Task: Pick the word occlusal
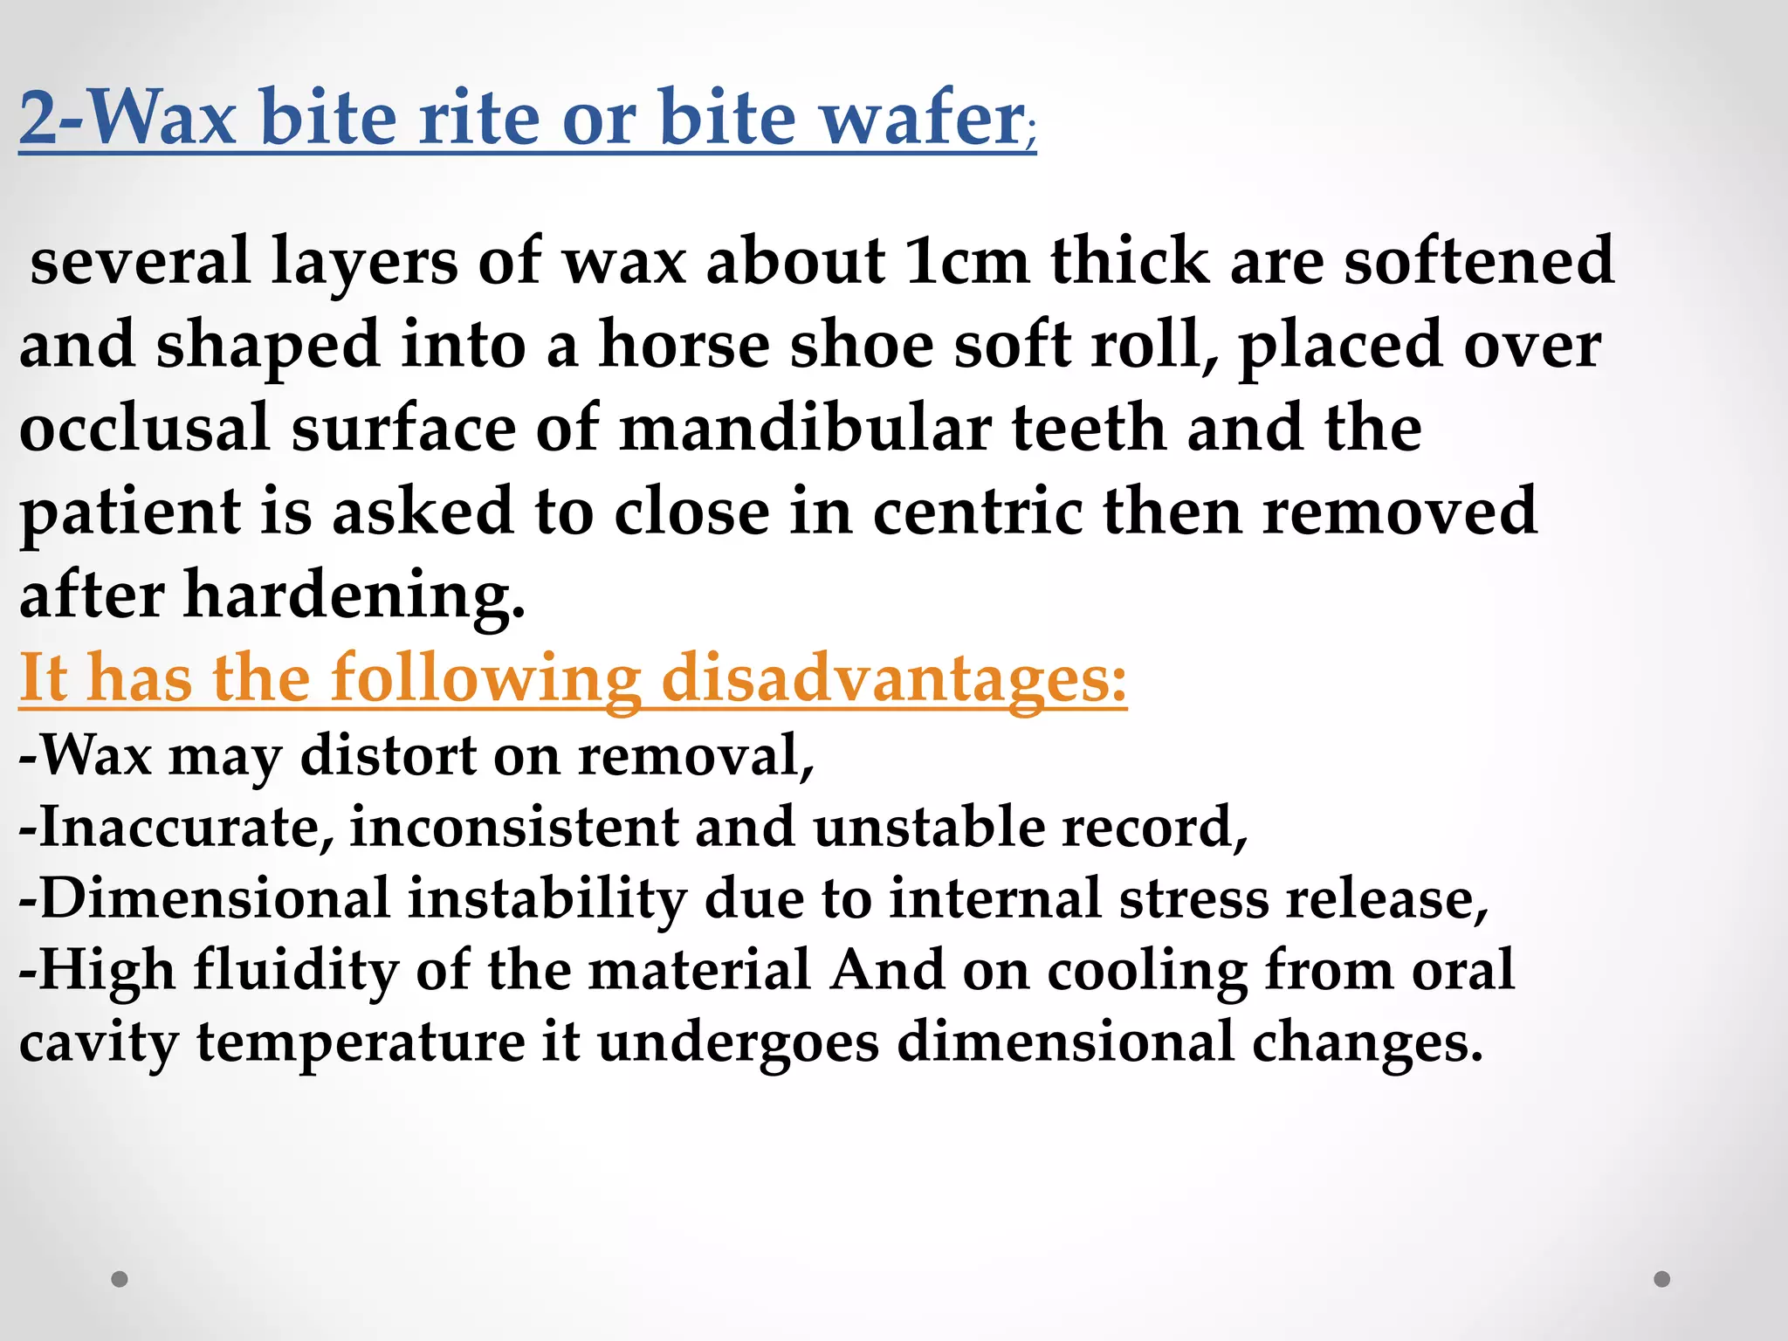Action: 145,429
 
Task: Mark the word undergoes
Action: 738,1042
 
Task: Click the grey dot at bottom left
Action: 120,1279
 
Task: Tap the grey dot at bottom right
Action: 1662,1279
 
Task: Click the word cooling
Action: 1147,971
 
